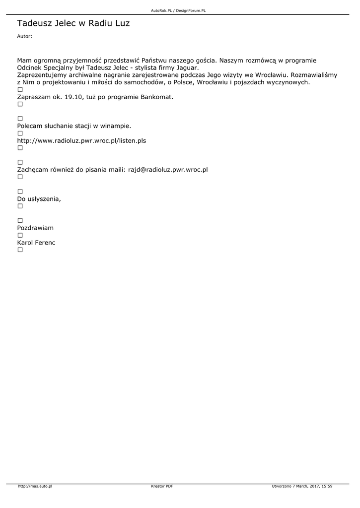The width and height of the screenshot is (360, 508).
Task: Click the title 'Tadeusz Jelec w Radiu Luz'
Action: click(x=73, y=23)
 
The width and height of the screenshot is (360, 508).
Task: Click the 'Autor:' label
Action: click(x=24, y=36)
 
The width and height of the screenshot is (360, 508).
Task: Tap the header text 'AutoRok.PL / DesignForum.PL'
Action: click(x=178, y=10)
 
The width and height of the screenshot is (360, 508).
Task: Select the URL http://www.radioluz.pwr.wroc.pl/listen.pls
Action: click(x=81, y=140)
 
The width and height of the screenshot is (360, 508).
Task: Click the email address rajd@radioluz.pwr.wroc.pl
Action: click(x=168, y=170)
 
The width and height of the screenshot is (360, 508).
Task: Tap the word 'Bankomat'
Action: click(x=157, y=97)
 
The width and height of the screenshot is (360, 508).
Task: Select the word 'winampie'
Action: click(x=115, y=126)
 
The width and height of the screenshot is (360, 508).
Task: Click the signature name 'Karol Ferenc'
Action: click(x=36, y=243)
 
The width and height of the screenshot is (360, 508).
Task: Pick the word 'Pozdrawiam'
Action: click(x=35, y=228)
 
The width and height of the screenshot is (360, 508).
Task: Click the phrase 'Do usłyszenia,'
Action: click(x=39, y=199)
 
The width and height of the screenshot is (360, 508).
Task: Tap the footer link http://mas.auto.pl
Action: click(x=35, y=486)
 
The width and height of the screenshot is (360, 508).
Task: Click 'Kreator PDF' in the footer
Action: click(x=162, y=486)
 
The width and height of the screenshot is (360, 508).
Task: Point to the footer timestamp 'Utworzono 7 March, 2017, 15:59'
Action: click(x=302, y=486)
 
